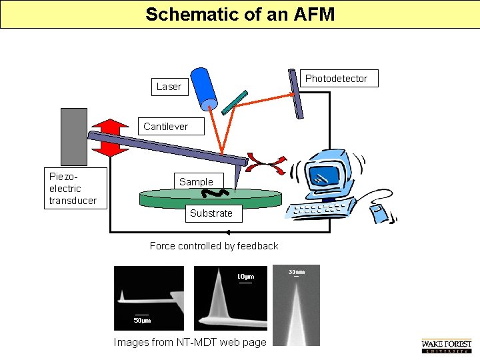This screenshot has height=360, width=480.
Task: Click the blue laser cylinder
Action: click(x=203, y=89)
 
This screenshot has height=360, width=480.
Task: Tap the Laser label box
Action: click(x=170, y=87)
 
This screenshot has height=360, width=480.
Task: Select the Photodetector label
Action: click(x=339, y=79)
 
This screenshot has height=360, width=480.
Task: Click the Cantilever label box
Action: click(x=171, y=126)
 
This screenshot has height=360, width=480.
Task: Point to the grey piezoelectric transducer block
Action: click(x=74, y=137)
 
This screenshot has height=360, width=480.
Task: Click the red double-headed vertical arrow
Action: click(x=110, y=138)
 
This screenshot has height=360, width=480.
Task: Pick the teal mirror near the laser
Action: click(x=235, y=103)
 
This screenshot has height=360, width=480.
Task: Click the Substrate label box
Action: click(x=214, y=213)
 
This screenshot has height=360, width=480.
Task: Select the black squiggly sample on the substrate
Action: click(x=215, y=193)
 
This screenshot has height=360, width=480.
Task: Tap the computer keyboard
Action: click(x=321, y=209)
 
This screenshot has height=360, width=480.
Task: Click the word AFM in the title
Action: click(x=314, y=14)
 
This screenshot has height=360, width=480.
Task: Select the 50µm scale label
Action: click(x=142, y=321)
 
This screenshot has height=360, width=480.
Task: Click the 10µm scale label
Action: click(x=246, y=277)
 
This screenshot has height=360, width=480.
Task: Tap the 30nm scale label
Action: click(x=297, y=272)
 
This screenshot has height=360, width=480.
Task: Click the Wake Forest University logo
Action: click(x=447, y=346)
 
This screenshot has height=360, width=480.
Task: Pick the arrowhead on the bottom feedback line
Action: click(x=228, y=233)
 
